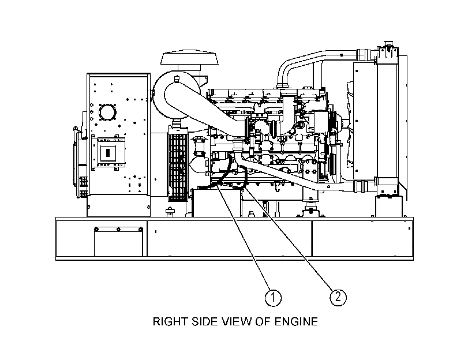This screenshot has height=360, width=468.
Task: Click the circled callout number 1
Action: point(273,297)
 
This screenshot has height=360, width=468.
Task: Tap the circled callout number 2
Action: point(338,297)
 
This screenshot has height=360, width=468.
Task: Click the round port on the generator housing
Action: point(107,112)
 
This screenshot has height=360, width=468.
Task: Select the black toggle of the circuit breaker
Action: point(108,153)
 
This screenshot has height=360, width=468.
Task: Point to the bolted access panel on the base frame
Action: point(118,242)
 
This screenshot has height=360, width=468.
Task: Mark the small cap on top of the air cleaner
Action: point(177,79)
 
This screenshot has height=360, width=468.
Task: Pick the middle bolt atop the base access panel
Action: point(118,229)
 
